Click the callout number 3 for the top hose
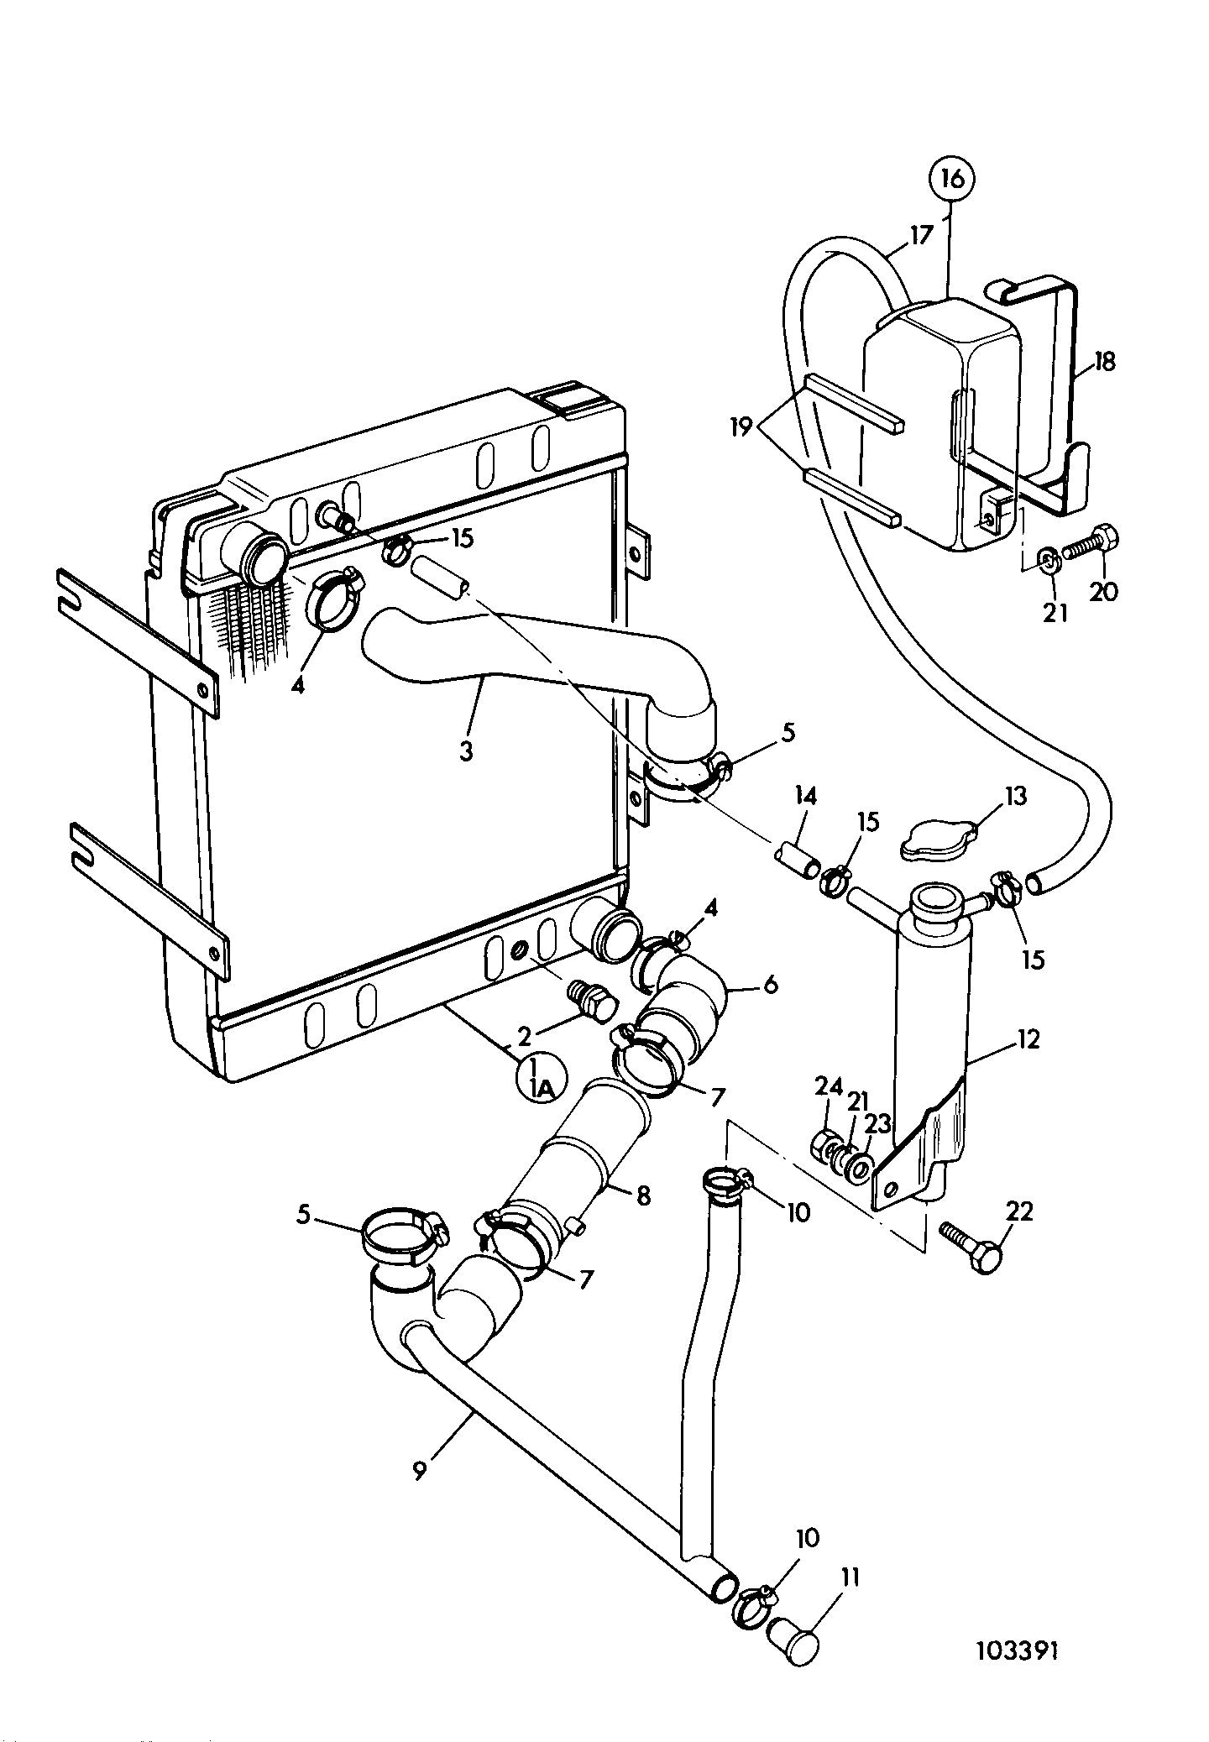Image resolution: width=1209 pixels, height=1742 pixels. [x=467, y=751]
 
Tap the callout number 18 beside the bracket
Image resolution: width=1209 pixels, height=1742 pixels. [x=1106, y=362]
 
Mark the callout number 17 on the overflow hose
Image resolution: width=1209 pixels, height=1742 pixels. [x=921, y=234]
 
